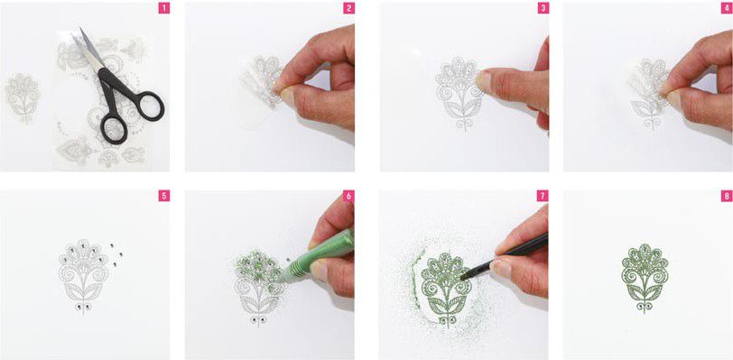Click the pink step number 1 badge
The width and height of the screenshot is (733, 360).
click(x=163, y=8)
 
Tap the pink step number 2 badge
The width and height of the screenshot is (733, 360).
click(x=348, y=8)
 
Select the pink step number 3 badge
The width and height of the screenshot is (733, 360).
click(x=543, y=8)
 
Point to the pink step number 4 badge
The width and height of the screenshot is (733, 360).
click(x=727, y=8)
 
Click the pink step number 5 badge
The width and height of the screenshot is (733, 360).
click(x=163, y=196)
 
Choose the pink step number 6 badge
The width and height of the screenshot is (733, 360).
click(x=348, y=196)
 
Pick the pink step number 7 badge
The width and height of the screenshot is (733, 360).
click(x=543, y=196)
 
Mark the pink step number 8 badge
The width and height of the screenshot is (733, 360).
click(x=727, y=196)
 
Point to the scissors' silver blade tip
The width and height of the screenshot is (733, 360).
click(x=81, y=29)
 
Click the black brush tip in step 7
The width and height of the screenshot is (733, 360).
click(x=465, y=276)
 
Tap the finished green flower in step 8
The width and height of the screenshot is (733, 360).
click(x=645, y=278)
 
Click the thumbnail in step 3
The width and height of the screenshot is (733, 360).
click(x=483, y=82)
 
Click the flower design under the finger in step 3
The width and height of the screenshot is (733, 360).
click(x=460, y=94)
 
